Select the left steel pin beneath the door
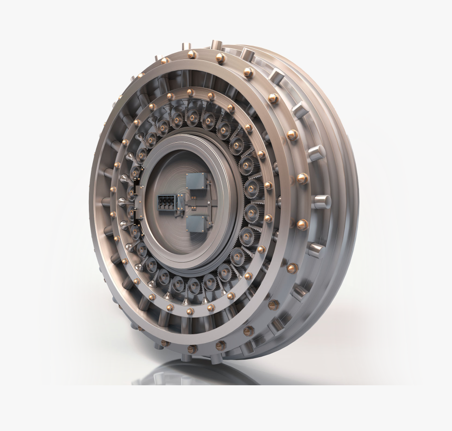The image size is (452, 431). [x=186, y=358]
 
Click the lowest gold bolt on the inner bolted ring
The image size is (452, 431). [x=190, y=311]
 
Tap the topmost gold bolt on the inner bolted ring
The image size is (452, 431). [x=190, y=93]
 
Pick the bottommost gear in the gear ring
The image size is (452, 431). [x=193, y=286]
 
